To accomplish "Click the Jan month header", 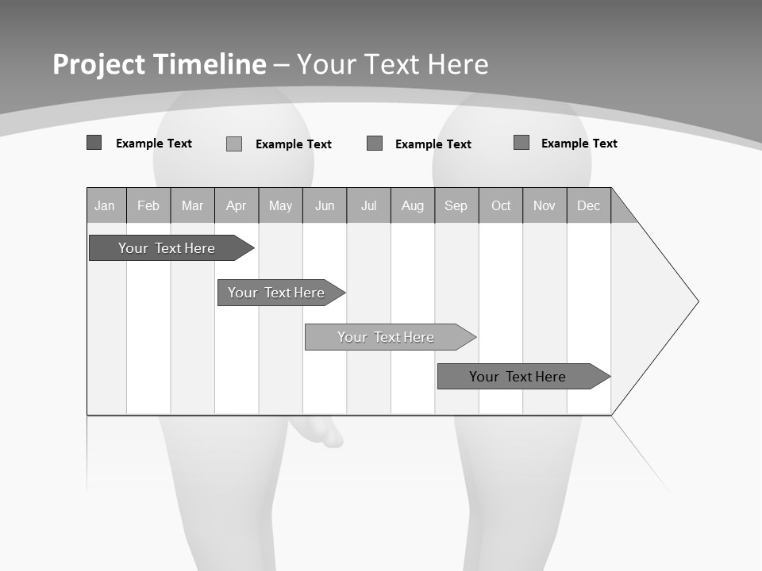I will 106,205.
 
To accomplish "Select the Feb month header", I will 148,205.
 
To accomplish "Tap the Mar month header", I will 192,205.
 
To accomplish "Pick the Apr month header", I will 237,205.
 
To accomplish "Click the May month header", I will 280,205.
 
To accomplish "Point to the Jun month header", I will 325,205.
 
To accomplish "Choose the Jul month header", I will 368,205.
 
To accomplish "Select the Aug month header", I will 413,205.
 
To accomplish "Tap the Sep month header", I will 456,205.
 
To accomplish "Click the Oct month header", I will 501,205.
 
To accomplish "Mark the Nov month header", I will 545,205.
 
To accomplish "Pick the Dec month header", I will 589,205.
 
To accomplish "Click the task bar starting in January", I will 167,248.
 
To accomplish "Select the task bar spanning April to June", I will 277,293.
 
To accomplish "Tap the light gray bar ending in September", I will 387,337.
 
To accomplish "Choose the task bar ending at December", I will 518,377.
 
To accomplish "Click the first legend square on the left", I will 94,143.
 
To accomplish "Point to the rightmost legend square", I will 521,143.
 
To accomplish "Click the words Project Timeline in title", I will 160,64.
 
